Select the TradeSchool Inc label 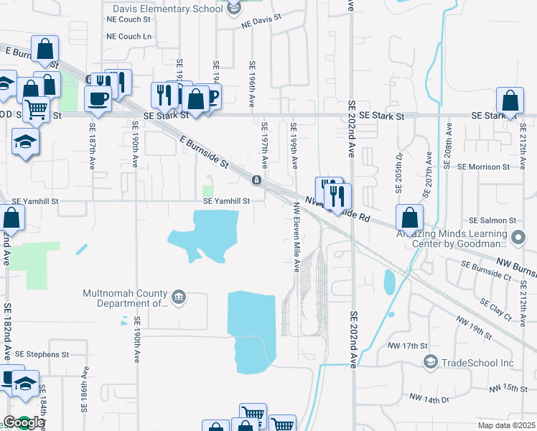click(x=477, y=362)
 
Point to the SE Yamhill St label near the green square click(x=226, y=202)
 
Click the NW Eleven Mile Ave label click(x=295, y=236)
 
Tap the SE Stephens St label click(x=42, y=354)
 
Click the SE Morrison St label click(x=483, y=167)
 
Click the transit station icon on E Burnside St click(x=256, y=179)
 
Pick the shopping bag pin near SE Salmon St click(x=408, y=218)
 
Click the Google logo click(x=24, y=423)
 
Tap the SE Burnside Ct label click(x=486, y=270)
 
